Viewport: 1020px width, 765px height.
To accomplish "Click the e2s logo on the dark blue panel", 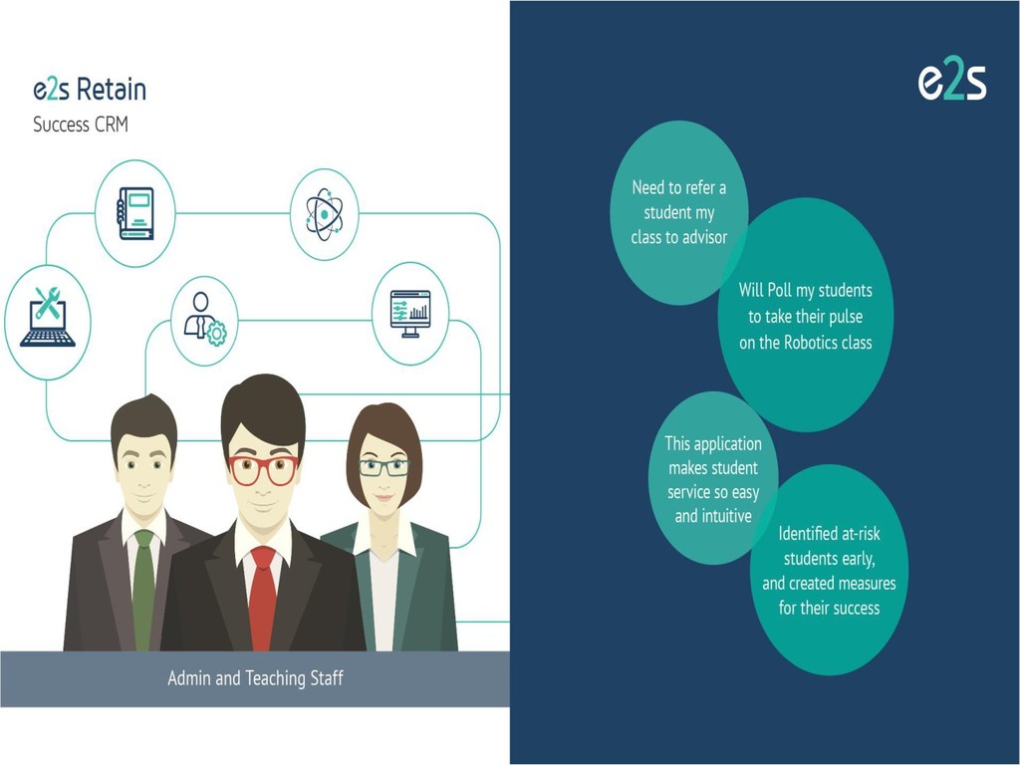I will (x=951, y=83).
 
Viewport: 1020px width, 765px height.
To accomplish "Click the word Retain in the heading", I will (x=112, y=90).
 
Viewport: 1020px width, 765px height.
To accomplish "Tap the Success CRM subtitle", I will (x=81, y=126).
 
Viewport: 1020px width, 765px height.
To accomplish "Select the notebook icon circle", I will (x=134, y=213).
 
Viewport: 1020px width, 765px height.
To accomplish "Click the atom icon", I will (x=324, y=213).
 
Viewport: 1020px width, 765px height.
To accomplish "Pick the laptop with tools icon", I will (x=47, y=320).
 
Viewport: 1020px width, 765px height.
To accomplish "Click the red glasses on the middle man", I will (x=262, y=467).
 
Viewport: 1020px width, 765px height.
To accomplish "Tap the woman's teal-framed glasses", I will (x=384, y=467).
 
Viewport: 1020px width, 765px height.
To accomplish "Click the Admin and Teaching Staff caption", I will (x=255, y=678).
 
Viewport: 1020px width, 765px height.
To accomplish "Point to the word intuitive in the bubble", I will (x=725, y=516).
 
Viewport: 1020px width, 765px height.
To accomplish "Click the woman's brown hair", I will (x=384, y=423).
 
